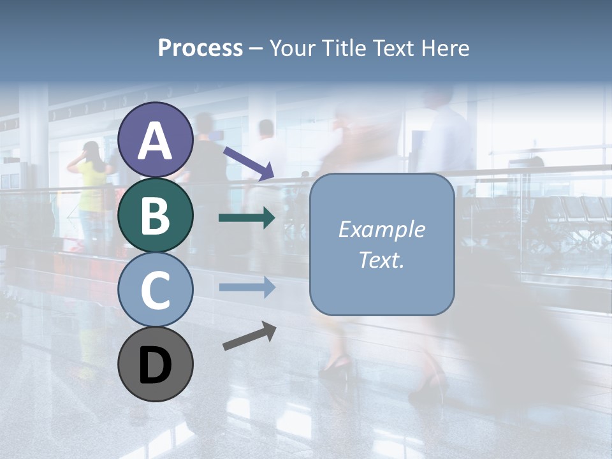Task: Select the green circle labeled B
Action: click(x=155, y=215)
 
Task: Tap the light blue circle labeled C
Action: click(x=155, y=289)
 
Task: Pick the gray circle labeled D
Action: click(x=155, y=364)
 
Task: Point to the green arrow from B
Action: click(x=247, y=218)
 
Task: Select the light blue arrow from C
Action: click(x=247, y=287)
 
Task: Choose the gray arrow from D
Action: click(x=249, y=337)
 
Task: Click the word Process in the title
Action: click(x=200, y=48)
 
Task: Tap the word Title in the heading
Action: click(x=344, y=48)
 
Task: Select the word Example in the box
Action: click(x=382, y=229)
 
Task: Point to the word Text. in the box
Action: click(x=382, y=259)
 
